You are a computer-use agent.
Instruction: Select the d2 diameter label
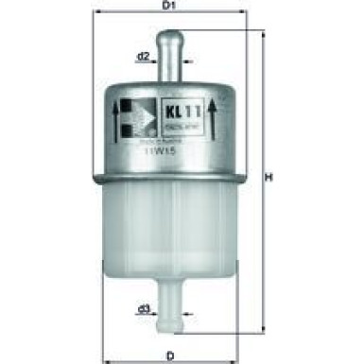[143, 57]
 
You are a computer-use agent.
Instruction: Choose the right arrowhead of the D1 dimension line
[248, 16]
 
